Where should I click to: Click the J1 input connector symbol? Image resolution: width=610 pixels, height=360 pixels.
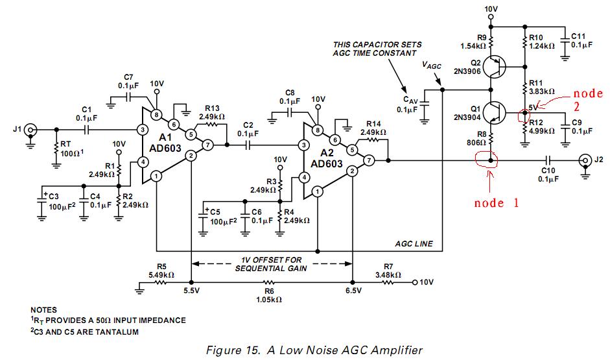[x=29, y=130]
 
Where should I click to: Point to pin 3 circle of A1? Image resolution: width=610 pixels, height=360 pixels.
[x=142, y=130]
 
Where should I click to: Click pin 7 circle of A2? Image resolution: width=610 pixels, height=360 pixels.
[x=368, y=159]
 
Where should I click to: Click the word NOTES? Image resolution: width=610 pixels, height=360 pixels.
[x=43, y=310]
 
